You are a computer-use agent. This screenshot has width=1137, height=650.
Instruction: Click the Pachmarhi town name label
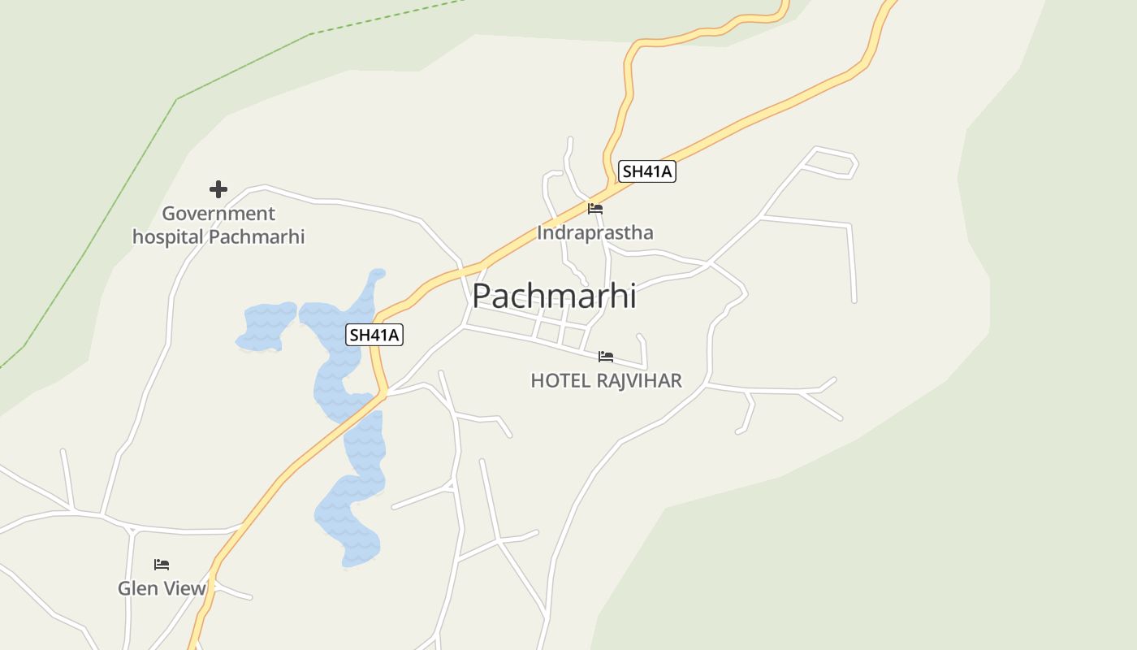tap(554, 296)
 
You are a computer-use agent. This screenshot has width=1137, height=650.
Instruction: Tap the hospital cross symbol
tap(218, 189)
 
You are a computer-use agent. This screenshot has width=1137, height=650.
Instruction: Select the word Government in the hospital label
tap(218, 214)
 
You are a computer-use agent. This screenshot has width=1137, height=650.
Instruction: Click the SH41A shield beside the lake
tap(374, 335)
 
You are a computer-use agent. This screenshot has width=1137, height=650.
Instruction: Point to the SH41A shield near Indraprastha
tap(646, 171)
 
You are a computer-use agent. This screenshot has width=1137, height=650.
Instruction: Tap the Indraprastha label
tap(594, 232)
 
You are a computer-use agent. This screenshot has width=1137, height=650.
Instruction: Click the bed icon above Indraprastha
tap(595, 209)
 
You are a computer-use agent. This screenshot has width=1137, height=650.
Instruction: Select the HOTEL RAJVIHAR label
tap(606, 380)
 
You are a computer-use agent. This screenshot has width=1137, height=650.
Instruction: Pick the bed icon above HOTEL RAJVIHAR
tap(606, 357)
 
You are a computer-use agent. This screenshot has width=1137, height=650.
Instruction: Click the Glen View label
tap(162, 588)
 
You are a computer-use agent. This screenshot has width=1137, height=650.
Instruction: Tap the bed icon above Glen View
tap(162, 565)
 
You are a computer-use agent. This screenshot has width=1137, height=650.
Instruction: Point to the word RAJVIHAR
tap(638, 380)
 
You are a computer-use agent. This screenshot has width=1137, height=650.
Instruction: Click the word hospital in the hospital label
tap(168, 236)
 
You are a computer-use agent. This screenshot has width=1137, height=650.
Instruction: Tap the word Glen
tap(136, 588)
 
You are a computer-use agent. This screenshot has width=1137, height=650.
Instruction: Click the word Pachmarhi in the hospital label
tap(257, 236)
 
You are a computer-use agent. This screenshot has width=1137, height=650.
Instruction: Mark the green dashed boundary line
tap(244, 66)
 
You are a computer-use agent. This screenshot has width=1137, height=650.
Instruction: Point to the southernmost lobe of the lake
tap(349, 528)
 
